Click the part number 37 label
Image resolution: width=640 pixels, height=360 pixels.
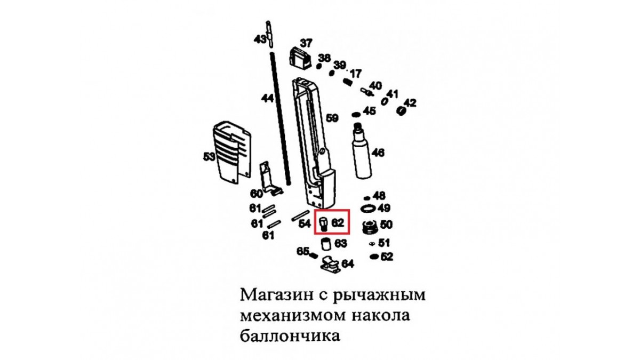(306, 43)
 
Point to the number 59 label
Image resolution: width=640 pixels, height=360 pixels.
(332, 118)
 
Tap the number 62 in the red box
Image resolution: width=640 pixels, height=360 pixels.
(338, 222)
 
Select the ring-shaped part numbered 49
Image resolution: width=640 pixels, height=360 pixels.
(369, 209)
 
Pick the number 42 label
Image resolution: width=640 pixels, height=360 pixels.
(410, 103)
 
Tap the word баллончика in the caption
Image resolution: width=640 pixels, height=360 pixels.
(290, 335)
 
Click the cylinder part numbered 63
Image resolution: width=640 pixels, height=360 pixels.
(326, 244)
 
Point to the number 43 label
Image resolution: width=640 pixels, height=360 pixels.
(260, 39)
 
